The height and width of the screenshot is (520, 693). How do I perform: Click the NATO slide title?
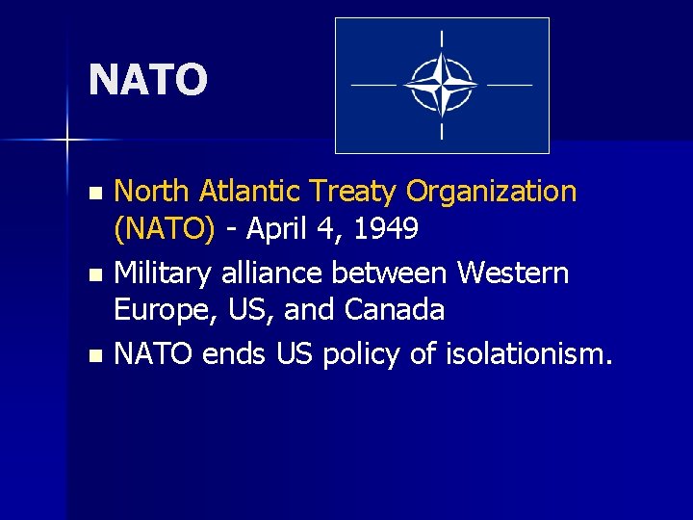point(147,80)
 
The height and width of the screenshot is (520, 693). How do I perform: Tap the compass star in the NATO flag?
point(442,85)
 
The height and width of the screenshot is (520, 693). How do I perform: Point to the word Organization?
point(492,193)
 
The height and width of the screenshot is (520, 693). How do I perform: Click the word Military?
point(164,273)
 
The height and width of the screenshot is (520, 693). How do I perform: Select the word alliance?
point(272,273)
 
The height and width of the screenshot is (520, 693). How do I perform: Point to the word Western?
point(513,273)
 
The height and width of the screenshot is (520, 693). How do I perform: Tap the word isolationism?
point(528,354)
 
